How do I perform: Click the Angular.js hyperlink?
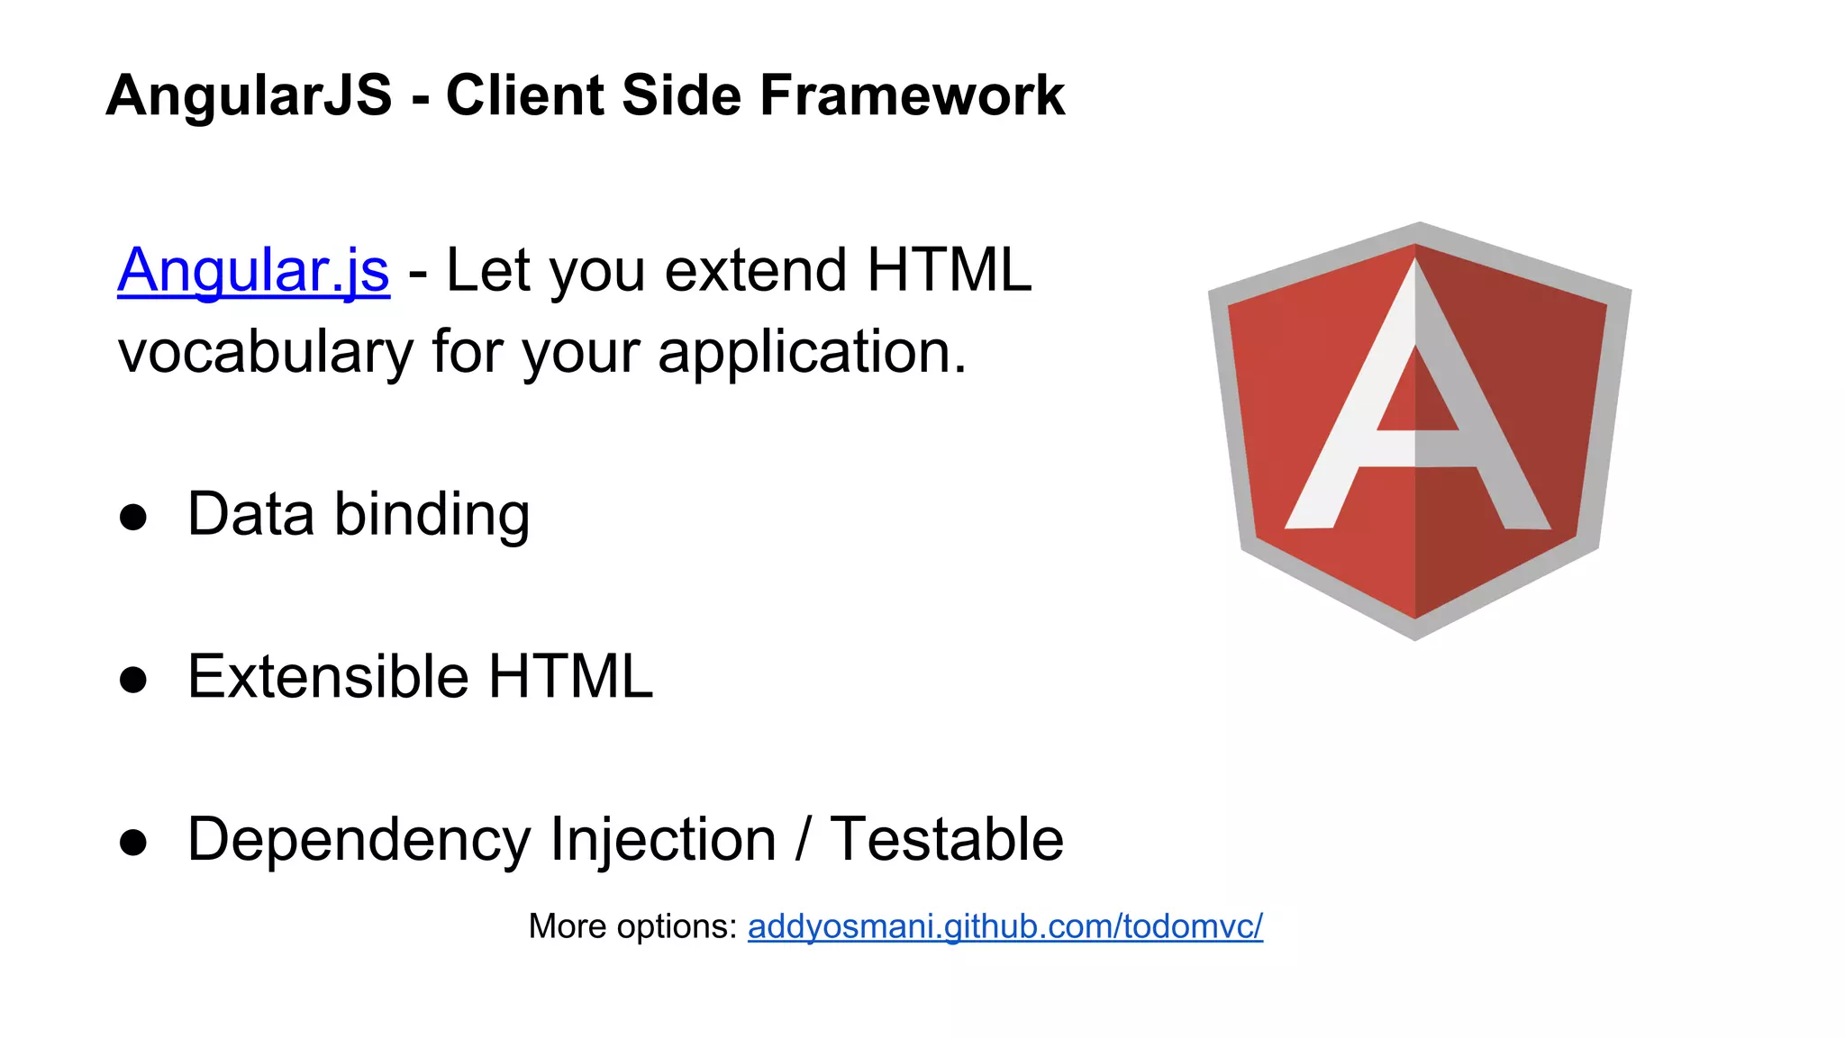coord(253,270)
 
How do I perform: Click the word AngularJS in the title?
coord(250,95)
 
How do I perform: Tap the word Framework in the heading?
coord(912,95)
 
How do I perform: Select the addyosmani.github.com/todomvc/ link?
coord(1004,926)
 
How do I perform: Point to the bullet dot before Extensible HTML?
coord(133,680)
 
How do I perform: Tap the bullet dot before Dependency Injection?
coord(133,843)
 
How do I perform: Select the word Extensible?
coord(328,677)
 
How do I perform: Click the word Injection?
coord(663,840)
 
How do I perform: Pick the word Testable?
coord(946,840)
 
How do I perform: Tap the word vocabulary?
coord(266,352)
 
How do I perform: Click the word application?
coord(811,352)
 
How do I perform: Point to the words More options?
coord(632,926)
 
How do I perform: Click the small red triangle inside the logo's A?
coord(1416,396)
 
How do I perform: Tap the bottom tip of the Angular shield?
coord(1415,636)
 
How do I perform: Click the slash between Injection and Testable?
coord(803,840)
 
